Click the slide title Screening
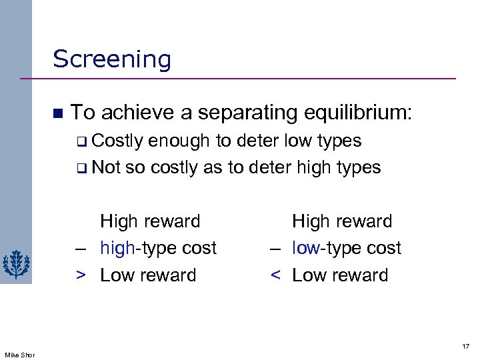pyautogui.click(x=112, y=59)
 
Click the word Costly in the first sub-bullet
pyautogui.click(x=118, y=141)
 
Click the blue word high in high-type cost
pyautogui.click(x=117, y=248)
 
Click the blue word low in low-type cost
pyautogui.click(x=306, y=248)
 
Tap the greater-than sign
pyautogui.click(x=81, y=275)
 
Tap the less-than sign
pyautogui.click(x=275, y=275)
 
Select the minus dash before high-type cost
pyautogui.click(x=81, y=249)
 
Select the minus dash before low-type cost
pyautogui.click(x=275, y=249)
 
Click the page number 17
pyautogui.click(x=465, y=346)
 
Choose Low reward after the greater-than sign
pyautogui.click(x=148, y=275)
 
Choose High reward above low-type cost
pyautogui.click(x=342, y=221)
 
